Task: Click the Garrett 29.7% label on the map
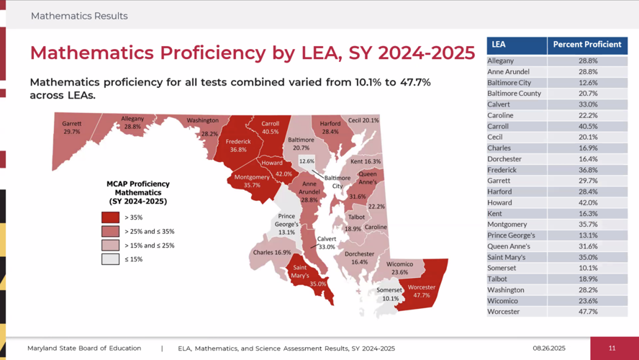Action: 71,127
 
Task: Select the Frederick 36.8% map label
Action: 238,145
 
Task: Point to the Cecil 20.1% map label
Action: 363,120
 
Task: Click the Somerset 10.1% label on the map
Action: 390,294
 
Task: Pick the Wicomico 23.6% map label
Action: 399,268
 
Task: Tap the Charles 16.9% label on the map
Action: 271,253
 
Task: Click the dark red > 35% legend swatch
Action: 110,217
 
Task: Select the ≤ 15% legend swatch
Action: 110,259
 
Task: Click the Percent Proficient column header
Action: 586,45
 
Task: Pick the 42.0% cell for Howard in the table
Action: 587,202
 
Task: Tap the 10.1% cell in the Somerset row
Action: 587,268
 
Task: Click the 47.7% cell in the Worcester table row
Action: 587,312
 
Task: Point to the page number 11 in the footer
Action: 612,348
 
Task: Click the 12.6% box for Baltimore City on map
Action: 307,161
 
